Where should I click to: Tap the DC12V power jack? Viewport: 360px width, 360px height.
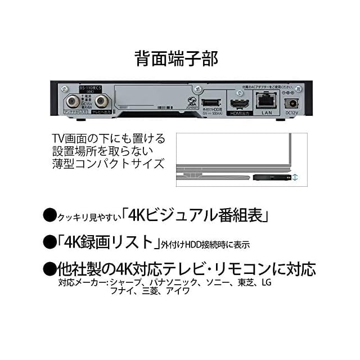(292, 103)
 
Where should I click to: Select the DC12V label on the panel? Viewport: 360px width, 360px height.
(291, 113)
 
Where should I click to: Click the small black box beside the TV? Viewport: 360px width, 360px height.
(268, 177)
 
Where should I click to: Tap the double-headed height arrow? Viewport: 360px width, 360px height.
(295, 177)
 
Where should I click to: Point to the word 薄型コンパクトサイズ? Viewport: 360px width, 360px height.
(108, 163)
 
